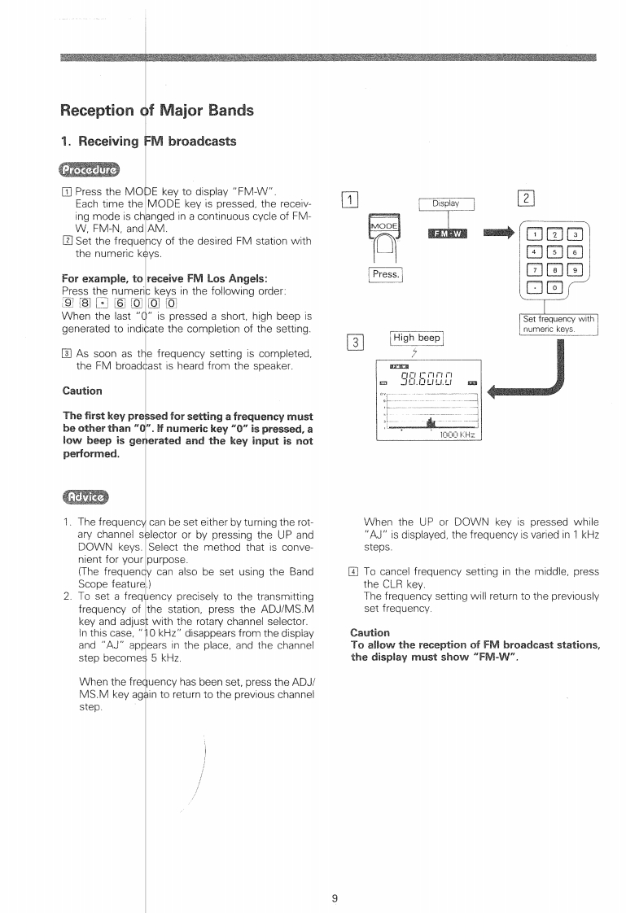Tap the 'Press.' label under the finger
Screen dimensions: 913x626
pos(386,275)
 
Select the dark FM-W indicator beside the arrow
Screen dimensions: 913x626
pos(446,235)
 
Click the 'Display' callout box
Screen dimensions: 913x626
pos(446,204)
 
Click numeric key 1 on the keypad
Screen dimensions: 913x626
pos(540,234)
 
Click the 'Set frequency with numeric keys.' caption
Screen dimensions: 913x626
pos(560,324)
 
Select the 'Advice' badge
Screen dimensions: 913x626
pos(85,497)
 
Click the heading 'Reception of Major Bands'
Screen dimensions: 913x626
pos(157,110)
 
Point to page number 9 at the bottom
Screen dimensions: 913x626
pos(335,876)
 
